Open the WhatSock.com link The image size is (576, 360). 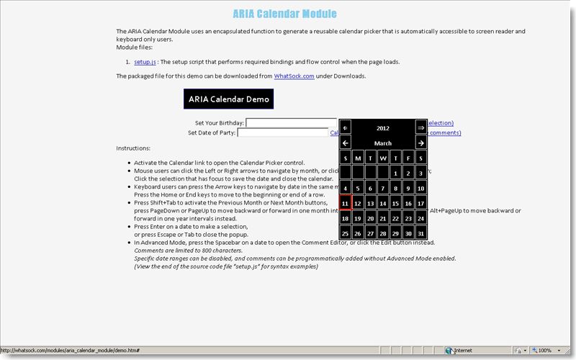click(294, 76)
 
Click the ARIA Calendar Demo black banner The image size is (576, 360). click(228, 99)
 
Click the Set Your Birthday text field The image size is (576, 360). click(291, 123)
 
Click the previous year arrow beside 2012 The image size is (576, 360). click(346, 127)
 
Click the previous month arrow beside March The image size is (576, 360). click(346, 143)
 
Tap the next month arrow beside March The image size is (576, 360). click(421, 143)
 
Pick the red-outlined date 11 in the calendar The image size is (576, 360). click(346, 204)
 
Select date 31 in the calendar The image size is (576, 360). click(421, 234)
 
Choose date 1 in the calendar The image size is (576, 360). click(396, 174)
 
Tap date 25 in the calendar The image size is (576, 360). click(346, 234)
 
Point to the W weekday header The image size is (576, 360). click(383, 158)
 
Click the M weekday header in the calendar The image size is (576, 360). click(358, 158)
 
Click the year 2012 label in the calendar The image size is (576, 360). click(383, 127)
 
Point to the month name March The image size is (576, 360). click(383, 143)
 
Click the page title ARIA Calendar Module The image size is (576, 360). click(284, 14)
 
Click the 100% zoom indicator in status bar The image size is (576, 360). click(545, 351)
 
